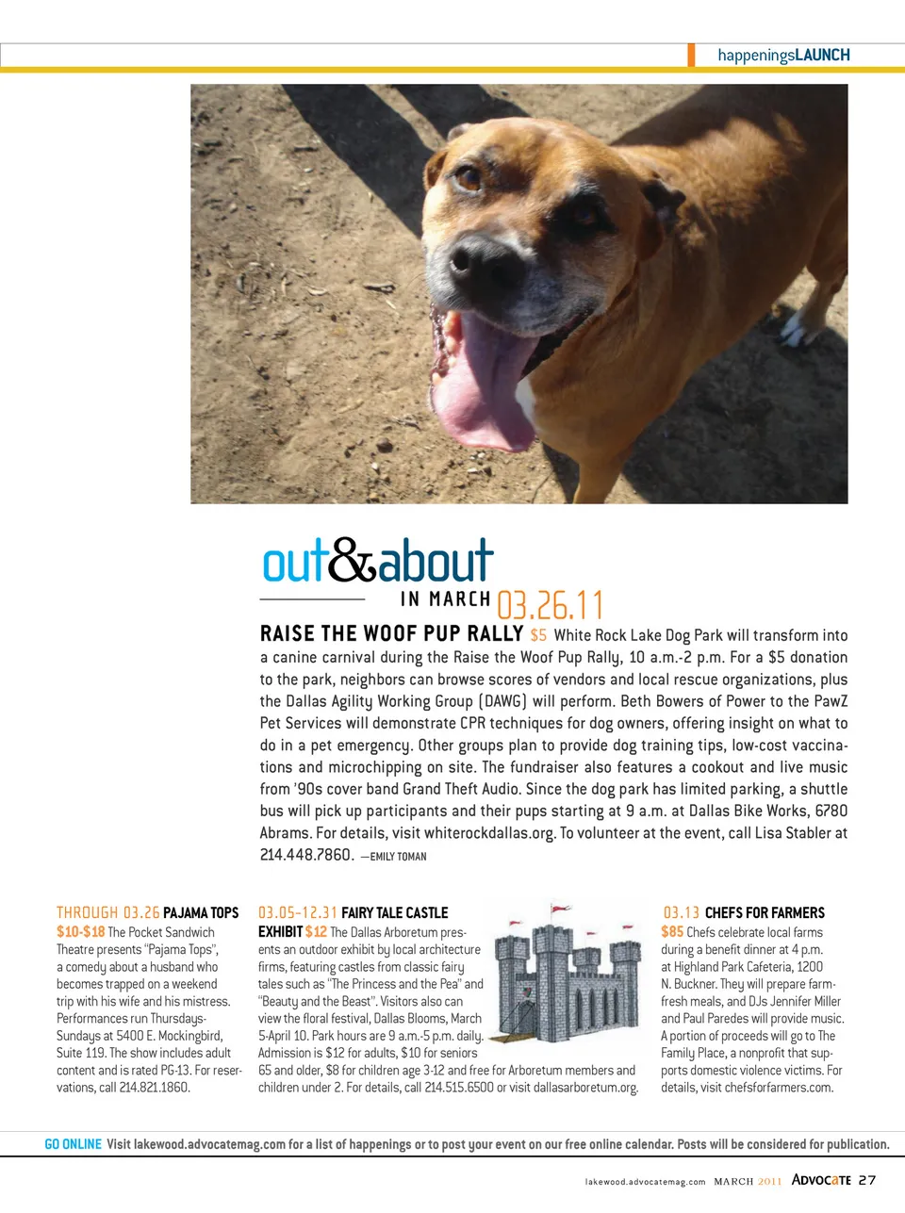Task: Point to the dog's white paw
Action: (x=799, y=328)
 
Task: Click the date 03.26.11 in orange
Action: (x=550, y=604)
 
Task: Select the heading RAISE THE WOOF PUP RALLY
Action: (x=391, y=633)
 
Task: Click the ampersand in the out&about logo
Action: (x=353, y=562)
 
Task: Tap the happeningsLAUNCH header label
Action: (x=783, y=55)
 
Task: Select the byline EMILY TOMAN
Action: (x=398, y=857)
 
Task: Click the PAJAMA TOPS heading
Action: (x=201, y=912)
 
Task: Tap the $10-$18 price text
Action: (x=80, y=931)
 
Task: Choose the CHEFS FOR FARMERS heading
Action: (x=765, y=912)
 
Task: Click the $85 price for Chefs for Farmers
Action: (x=672, y=931)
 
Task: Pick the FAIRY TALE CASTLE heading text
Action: (x=394, y=912)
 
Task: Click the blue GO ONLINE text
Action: (x=74, y=1144)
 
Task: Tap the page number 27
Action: (x=867, y=1180)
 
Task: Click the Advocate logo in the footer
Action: (x=821, y=1180)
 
